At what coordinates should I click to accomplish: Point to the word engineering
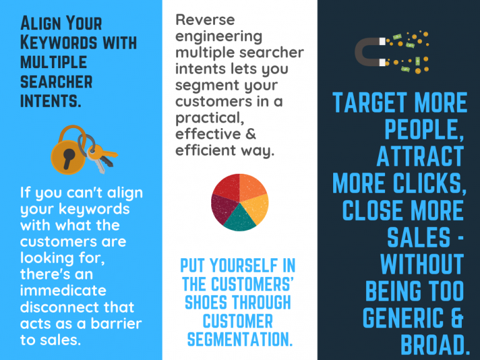click(x=219, y=37)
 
